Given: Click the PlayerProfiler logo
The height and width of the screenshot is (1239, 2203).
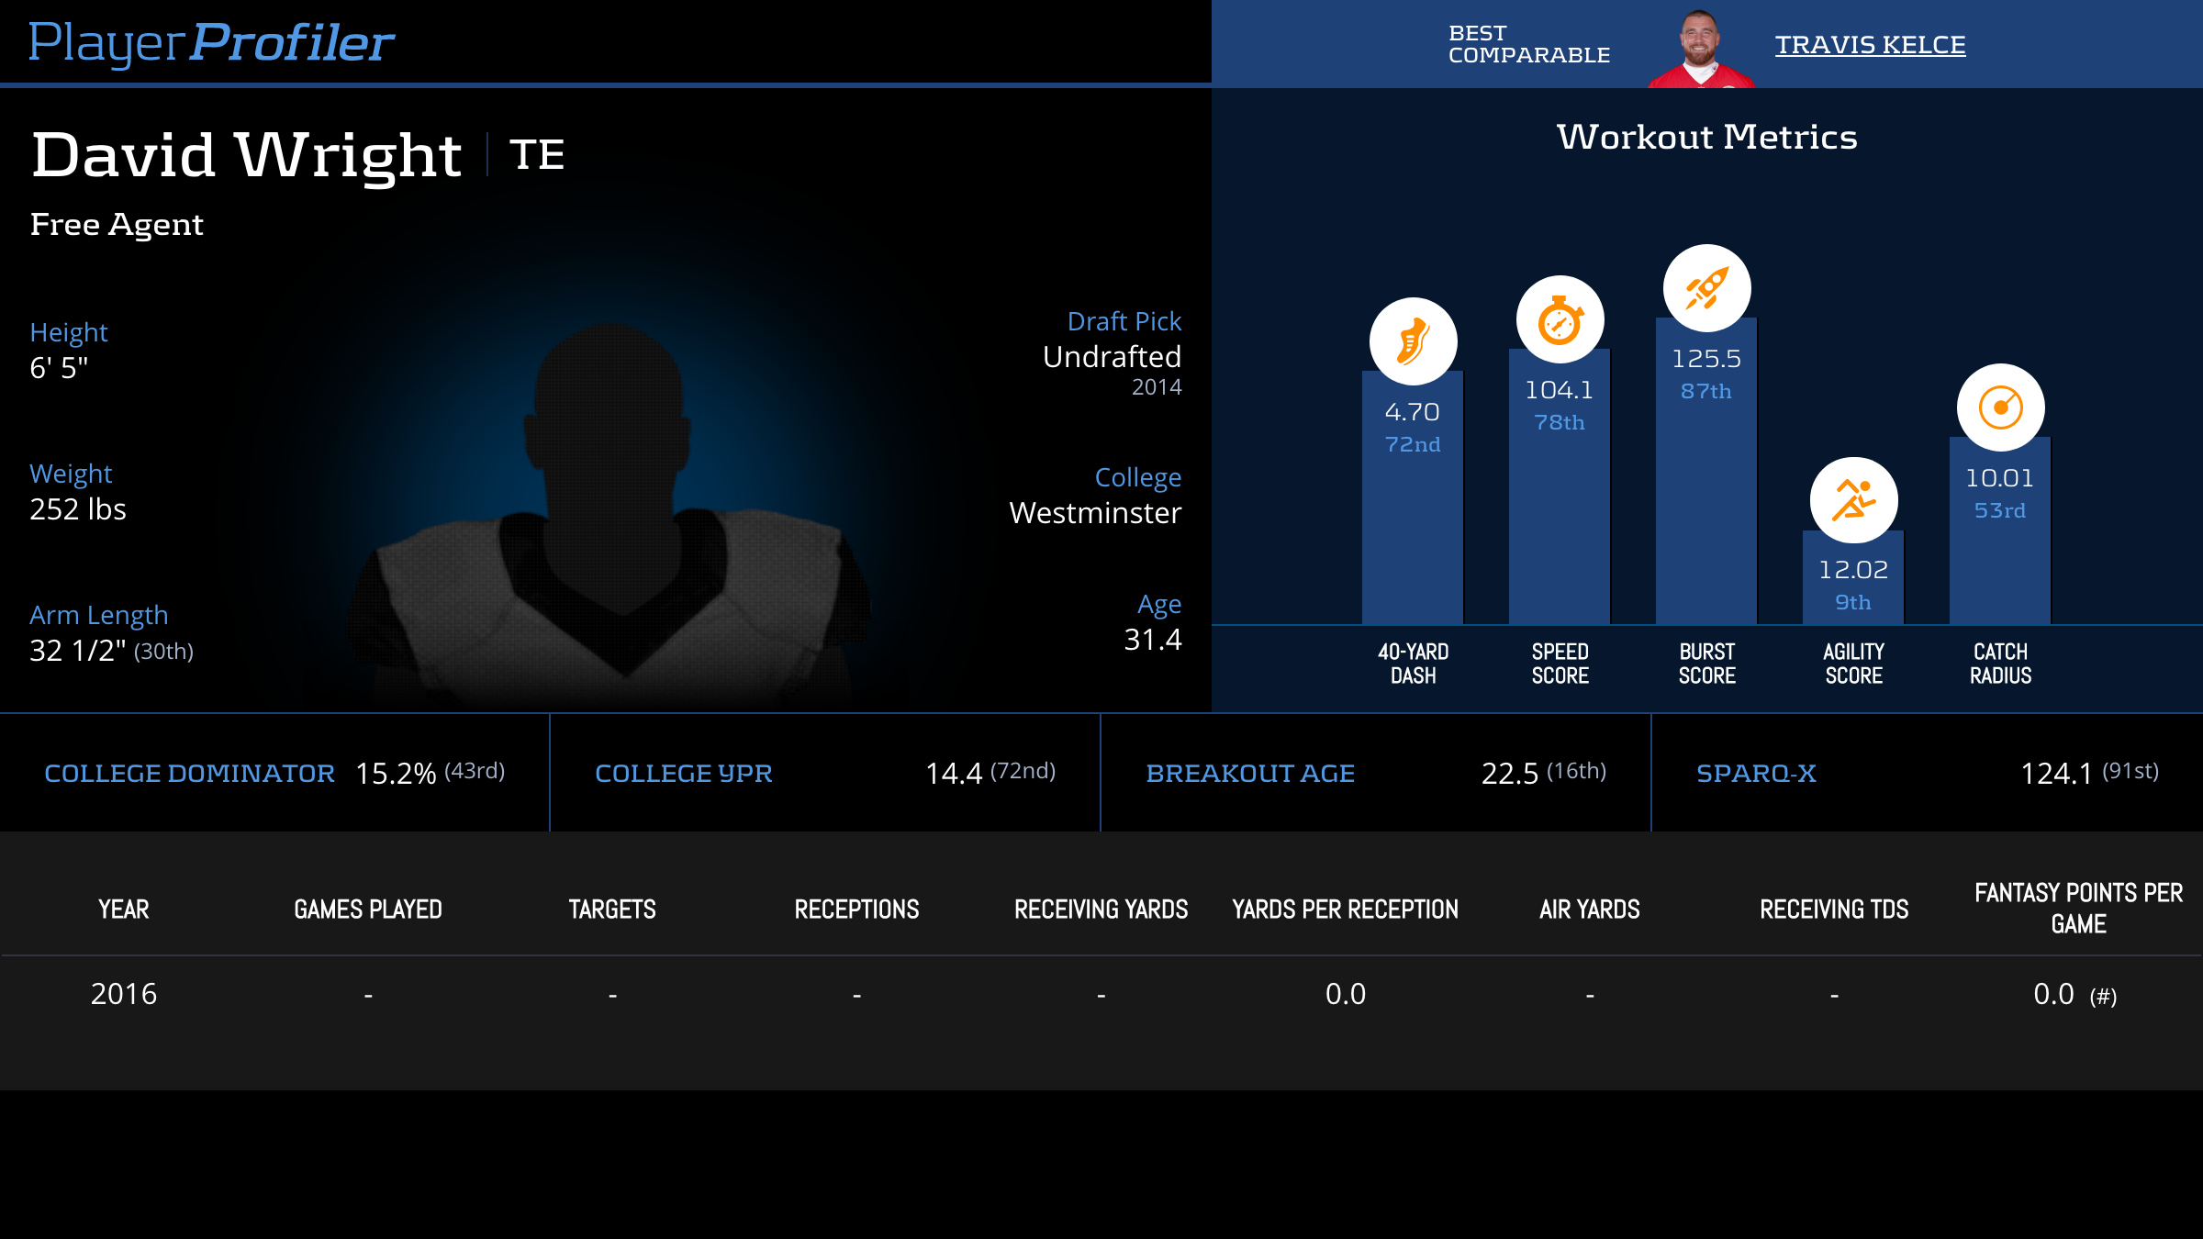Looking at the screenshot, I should tap(211, 43).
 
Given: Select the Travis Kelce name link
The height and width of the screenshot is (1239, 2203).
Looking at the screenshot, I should tap(1870, 45).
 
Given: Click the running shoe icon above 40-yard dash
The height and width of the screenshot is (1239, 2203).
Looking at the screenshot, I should tap(1413, 341).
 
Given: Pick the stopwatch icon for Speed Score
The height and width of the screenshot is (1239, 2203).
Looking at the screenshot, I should tap(1560, 319).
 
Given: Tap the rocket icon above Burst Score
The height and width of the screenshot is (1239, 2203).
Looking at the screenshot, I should tap(1706, 288).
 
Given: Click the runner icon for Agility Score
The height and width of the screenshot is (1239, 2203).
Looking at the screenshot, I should tap(1853, 500).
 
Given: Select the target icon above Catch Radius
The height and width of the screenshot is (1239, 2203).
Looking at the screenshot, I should tap(2000, 407).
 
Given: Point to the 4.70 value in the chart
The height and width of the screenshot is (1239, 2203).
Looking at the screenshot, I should tap(1412, 412).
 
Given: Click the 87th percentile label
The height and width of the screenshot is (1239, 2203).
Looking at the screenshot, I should tap(1705, 391).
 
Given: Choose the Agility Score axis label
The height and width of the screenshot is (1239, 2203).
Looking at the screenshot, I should tap(1853, 664).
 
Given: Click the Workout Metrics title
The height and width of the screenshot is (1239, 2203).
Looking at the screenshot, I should tap(1706, 137).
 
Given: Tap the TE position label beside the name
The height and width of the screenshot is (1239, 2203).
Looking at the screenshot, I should tap(537, 154).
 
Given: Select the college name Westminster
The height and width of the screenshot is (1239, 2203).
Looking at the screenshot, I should tap(1095, 513).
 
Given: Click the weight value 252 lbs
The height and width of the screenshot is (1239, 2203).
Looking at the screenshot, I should tap(78, 509).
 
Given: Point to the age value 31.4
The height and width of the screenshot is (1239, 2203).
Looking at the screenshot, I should tap(1152, 640).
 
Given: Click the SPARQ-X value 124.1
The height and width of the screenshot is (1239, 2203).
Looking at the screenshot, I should tap(2055, 774).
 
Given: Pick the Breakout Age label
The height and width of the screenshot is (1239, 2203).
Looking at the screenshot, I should tap(1250, 774).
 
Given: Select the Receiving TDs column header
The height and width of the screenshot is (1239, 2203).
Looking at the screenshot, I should tap(1833, 910).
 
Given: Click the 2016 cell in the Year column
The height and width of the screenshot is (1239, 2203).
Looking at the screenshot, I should tap(124, 994).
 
